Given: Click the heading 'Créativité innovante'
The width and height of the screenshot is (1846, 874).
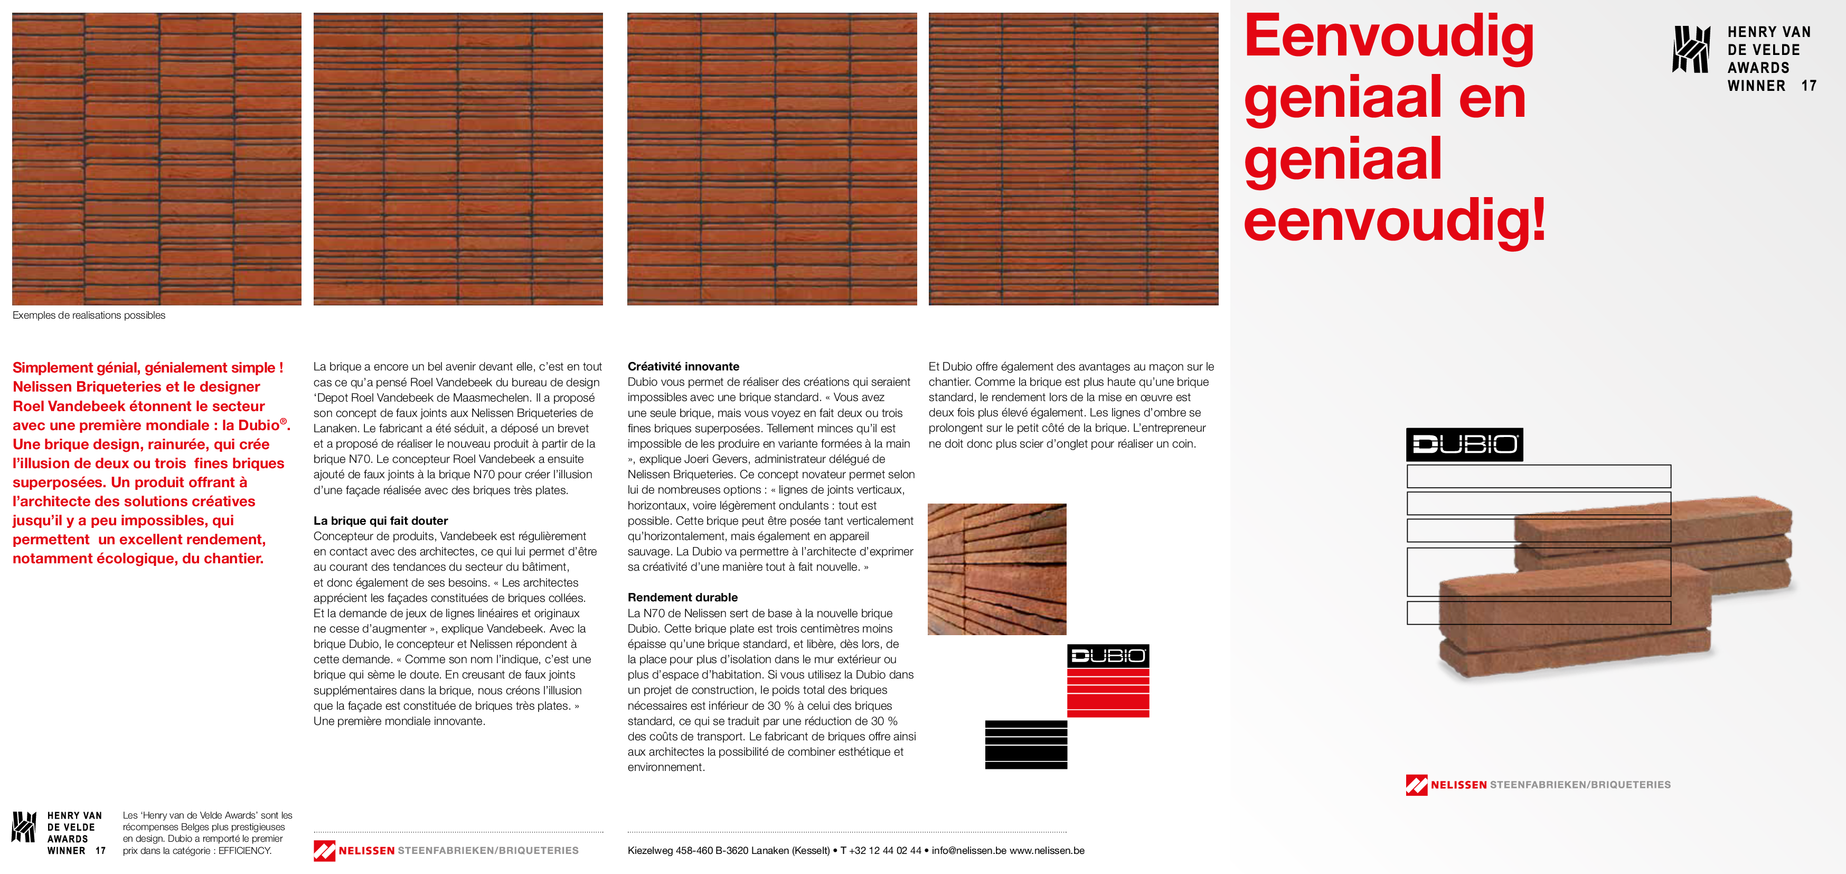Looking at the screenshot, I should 683,366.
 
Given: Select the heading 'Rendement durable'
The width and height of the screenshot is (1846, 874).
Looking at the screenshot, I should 682,597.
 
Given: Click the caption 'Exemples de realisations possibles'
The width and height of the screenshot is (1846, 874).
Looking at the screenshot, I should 89,315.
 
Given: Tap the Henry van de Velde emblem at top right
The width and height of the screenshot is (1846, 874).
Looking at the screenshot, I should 1692,50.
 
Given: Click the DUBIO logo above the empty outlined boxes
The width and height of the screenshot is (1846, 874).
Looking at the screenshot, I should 1464,444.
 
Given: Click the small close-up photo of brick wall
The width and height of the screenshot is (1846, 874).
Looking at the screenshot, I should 997,569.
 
